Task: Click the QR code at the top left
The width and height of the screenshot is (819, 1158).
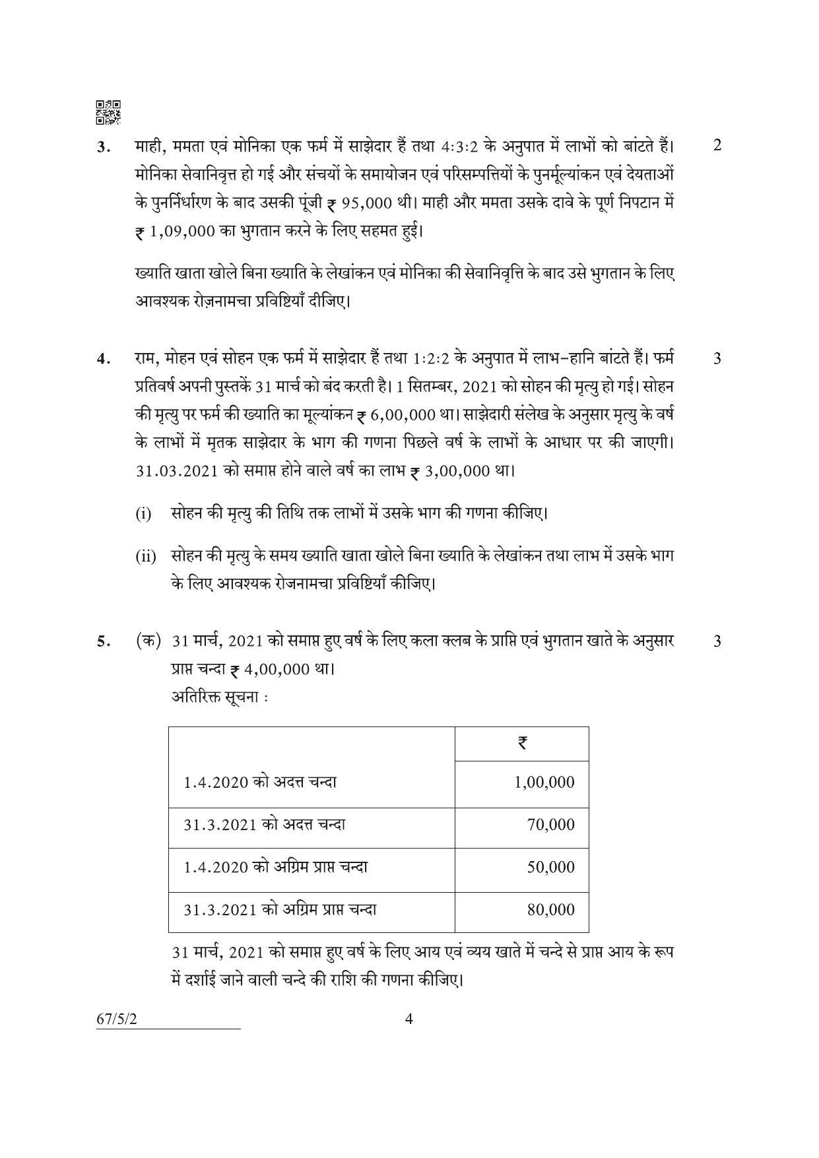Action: click(x=108, y=113)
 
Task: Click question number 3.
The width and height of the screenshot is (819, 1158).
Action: click(x=102, y=147)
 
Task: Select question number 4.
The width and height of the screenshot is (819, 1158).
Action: click(x=102, y=360)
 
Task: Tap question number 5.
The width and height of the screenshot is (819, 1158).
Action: click(x=102, y=641)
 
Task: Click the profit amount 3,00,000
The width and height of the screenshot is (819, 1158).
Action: click(x=458, y=472)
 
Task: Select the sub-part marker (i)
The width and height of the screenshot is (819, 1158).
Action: click(x=143, y=513)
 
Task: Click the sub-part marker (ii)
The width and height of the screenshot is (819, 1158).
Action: click(x=146, y=556)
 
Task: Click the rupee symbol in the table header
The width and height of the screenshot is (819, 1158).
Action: click(x=521, y=744)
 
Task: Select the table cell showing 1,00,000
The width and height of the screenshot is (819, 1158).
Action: click(x=544, y=783)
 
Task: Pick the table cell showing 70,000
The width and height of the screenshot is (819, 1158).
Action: click(x=551, y=825)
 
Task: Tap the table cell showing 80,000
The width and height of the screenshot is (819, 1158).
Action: click(x=551, y=910)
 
